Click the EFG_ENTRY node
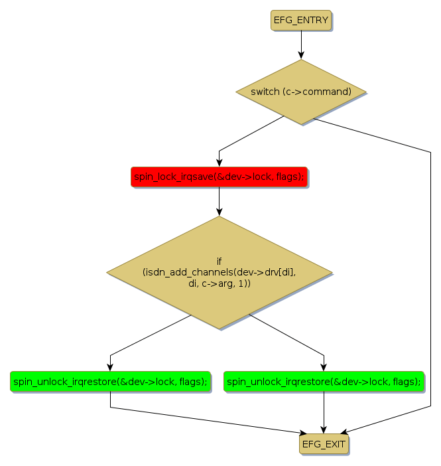click(x=300, y=20)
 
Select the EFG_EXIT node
click(x=324, y=444)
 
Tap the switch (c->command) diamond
click(x=301, y=92)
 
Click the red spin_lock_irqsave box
click(x=219, y=177)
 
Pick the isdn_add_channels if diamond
click(x=219, y=272)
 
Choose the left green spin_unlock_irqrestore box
click(x=110, y=381)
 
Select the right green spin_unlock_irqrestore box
click(x=324, y=381)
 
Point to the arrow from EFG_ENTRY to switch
click(x=301, y=44)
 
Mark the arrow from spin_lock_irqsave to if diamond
click(x=219, y=201)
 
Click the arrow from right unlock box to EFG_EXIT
click(x=324, y=412)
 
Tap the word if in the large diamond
click(x=219, y=261)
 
